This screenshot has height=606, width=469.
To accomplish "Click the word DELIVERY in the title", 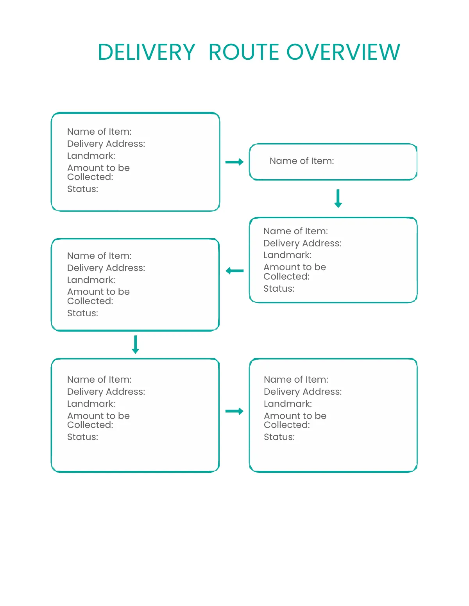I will coord(146,52).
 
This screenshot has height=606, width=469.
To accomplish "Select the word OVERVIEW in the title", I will coord(343,52).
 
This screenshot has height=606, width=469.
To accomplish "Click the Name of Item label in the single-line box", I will coord(302,161).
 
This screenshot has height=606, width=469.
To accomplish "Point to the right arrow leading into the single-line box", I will coord(234,162).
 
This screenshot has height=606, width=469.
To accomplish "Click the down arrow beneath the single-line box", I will coord(338,198).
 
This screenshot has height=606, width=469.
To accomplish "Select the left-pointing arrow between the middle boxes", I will coord(234,271).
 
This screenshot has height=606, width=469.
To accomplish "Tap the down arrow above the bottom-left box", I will coord(136,344).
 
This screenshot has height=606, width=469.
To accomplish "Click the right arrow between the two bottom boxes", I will coord(234,411).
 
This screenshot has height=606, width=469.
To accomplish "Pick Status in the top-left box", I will coord(82,189).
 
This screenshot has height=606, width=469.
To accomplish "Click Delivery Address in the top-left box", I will coord(106,144).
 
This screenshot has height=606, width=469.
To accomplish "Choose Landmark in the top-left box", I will coord(91,156).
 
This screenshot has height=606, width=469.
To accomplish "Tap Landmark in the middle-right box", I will coord(287,255).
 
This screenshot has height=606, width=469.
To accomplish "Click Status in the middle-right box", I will coord(279,289).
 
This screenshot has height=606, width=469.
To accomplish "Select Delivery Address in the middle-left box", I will coord(106,268).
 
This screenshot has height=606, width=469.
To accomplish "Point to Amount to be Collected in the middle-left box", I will coord(98,296).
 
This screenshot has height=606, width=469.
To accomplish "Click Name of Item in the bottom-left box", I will coord(99,380).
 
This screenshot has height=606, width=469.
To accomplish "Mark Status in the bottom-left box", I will coord(82,437).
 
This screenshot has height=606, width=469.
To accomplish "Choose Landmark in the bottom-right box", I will coord(288,404).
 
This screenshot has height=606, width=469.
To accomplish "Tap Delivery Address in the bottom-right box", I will coord(303,392).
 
